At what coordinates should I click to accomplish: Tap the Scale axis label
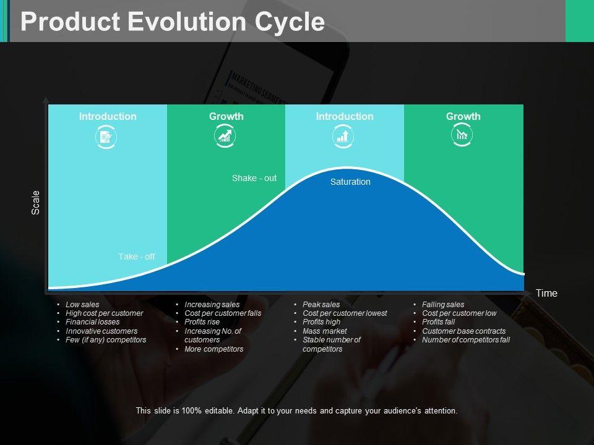click(35, 203)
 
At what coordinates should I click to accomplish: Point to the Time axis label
click(546, 293)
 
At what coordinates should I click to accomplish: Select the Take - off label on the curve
click(136, 256)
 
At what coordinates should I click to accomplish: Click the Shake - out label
click(254, 178)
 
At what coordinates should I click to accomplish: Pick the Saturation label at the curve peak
click(350, 182)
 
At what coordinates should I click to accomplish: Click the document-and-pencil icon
click(106, 137)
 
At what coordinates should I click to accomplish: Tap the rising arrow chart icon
click(225, 136)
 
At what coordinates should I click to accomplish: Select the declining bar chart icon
click(462, 135)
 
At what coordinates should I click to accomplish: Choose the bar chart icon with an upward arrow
click(343, 136)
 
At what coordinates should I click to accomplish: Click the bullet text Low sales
click(82, 304)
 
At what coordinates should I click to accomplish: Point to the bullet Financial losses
click(92, 321)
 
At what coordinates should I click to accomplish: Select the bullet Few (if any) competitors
click(106, 340)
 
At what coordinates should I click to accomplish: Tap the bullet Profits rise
click(202, 321)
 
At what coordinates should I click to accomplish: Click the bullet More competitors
click(213, 349)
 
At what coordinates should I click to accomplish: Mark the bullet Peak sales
click(321, 304)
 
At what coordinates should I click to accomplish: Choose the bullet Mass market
click(325, 331)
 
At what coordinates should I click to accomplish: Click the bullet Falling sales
click(443, 304)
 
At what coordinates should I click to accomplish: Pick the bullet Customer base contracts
click(463, 331)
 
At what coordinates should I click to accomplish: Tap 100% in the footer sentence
click(191, 410)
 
